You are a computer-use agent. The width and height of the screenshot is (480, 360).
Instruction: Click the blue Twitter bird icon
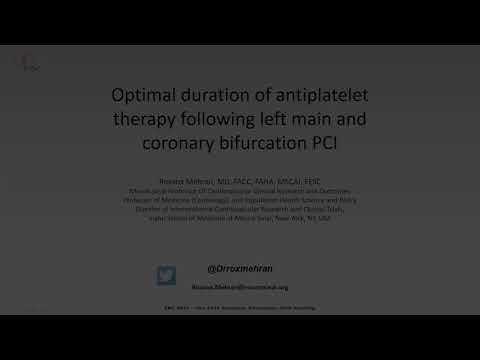165,275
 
